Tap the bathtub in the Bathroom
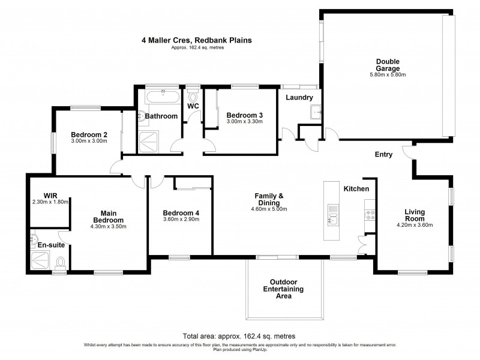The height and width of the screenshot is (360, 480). pyautogui.click(x=160, y=95)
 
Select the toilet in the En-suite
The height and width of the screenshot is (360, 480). pyautogui.click(x=60, y=263)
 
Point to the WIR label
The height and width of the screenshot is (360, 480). pyautogui.click(x=50, y=195)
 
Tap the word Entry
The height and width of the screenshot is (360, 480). pyautogui.click(x=383, y=154)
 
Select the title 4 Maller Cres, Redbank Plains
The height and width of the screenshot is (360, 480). pyautogui.click(x=196, y=40)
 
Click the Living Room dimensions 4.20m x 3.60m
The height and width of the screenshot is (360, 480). pyautogui.click(x=415, y=225)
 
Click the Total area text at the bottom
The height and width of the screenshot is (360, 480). pyautogui.click(x=239, y=337)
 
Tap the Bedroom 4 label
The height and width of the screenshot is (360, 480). pyautogui.click(x=181, y=213)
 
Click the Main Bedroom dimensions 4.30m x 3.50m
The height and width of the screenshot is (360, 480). pyautogui.click(x=108, y=227)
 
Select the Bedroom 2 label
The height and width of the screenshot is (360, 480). pyautogui.click(x=89, y=134)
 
